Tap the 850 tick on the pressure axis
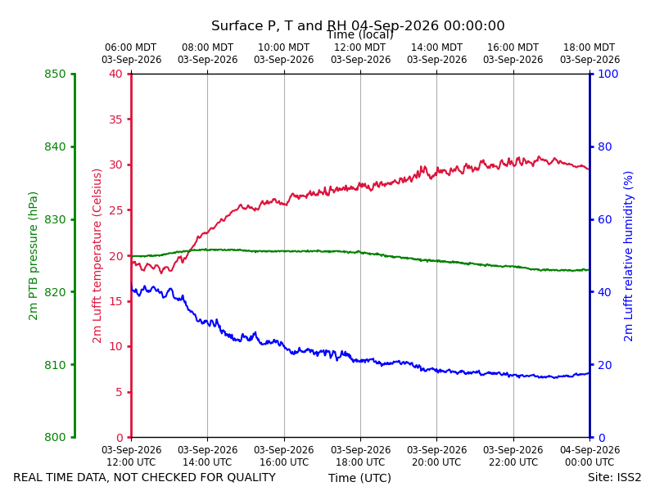tap(55, 74)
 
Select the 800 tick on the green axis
tap(55, 437)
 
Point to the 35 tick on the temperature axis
tap(115, 119)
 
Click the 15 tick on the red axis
tap(115, 301)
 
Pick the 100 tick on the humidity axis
tap(608, 74)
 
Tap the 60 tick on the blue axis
tap(604, 219)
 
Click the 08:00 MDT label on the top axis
tap(208, 47)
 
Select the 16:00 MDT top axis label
tap(513, 47)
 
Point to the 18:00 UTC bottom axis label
tap(360, 462)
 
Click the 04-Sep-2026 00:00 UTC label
tap(589, 456)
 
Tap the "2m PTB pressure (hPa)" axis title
tap(33, 256)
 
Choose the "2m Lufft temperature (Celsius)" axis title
tap(97, 256)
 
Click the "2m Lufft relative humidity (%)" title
tap(628, 256)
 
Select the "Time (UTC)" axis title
tap(359, 478)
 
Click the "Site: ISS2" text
tap(614, 477)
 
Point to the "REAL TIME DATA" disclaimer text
tap(145, 477)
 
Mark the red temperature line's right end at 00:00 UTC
tap(589, 169)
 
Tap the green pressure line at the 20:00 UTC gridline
tap(437, 261)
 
